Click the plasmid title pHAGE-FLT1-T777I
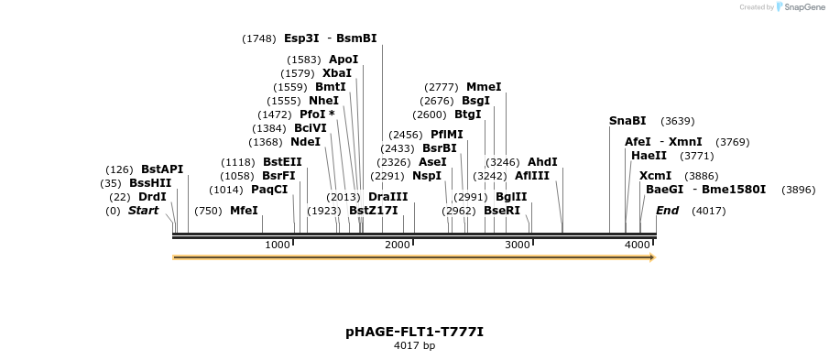[414, 332]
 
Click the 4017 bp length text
[414, 346]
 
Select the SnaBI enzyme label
[627, 121]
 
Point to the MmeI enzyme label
[484, 87]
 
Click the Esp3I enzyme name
[301, 38]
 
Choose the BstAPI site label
[162, 169]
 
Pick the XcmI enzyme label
[655, 176]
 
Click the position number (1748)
[259, 38]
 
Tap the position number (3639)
[678, 121]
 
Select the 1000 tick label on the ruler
[277, 245]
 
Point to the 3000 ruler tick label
[518, 245]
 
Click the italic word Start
[143, 211]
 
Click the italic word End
[668, 211]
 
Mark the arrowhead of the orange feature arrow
[651, 257]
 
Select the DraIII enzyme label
[387, 197]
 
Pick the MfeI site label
[244, 211]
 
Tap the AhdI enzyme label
[542, 162]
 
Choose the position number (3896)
[798, 190]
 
